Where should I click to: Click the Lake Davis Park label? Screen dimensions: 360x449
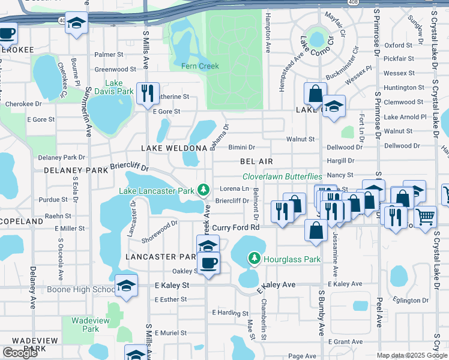click(x=119, y=88)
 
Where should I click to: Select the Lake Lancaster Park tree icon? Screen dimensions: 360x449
click(x=204, y=191)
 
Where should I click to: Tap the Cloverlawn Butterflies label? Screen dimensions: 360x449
click(x=282, y=177)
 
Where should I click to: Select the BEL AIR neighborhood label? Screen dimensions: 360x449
click(x=256, y=161)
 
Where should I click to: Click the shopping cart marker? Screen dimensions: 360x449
click(x=425, y=217)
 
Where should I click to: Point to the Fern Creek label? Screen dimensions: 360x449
click(x=200, y=65)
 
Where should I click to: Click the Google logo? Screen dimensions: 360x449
click(x=20, y=353)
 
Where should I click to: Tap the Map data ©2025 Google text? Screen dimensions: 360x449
click(x=411, y=355)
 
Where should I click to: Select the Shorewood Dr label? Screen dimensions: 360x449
click(x=159, y=229)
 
